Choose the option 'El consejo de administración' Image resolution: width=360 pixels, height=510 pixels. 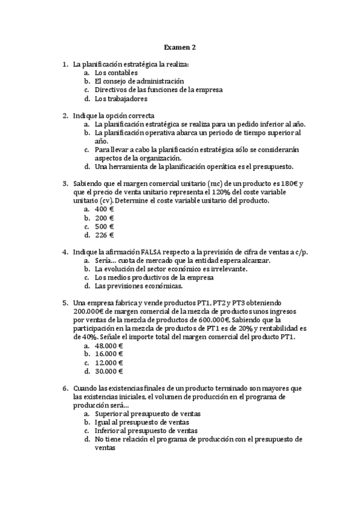[139, 81]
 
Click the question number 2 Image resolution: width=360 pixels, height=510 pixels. [65, 115]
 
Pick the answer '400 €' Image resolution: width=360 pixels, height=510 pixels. [105, 209]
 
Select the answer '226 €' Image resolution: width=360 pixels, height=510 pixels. [105, 235]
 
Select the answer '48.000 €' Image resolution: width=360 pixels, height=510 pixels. [109, 346]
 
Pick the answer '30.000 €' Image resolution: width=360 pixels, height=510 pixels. [109, 372]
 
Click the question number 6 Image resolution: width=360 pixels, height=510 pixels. [65, 389]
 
